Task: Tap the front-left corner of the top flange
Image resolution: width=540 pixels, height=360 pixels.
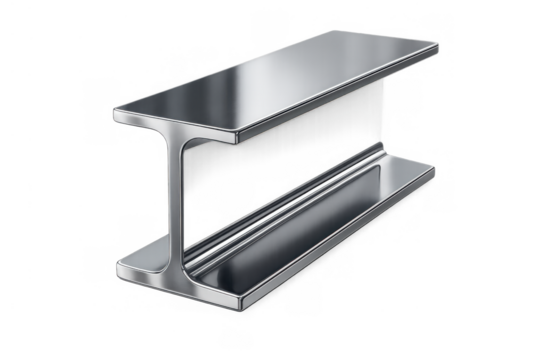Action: [115, 113]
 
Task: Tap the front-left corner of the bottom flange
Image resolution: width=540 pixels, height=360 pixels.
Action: [119, 265]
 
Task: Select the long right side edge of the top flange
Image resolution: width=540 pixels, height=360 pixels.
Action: [340, 94]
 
